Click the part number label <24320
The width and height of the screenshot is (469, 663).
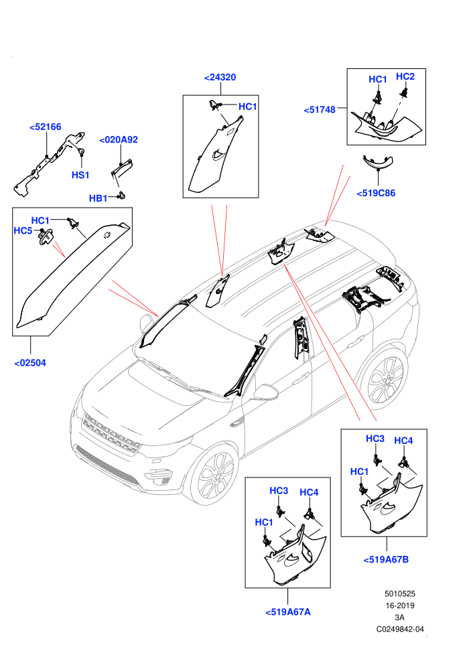tap(220, 78)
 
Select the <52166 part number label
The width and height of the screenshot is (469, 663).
tap(46, 127)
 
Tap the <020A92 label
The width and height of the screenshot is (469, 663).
tap(119, 140)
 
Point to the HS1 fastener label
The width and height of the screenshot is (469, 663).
tap(80, 175)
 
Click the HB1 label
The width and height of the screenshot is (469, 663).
tap(98, 198)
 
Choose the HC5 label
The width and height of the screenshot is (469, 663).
tap(23, 231)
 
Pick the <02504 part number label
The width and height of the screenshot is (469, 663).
tap(30, 363)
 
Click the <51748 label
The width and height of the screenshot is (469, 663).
tap(320, 110)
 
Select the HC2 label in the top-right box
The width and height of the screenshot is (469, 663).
tap(405, 76)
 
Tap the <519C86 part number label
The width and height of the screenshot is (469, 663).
tap(376, 194)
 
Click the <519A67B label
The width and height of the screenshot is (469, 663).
tap(386, 560)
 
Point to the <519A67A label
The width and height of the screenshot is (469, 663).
tap(288, 612)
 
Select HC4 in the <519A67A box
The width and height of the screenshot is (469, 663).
tap(309, 493)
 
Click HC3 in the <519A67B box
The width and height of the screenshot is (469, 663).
tap(375, 439)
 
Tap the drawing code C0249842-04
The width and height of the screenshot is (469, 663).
tap(400, 629)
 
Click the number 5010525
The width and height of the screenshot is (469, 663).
tap(400, 594)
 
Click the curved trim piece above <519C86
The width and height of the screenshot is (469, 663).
tap(378, 162)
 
